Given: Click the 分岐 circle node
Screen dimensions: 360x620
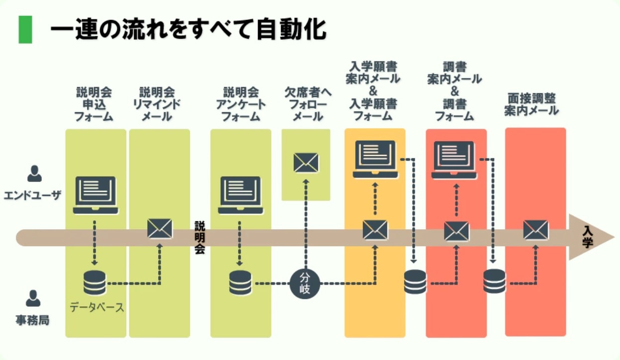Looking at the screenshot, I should click(305, 283).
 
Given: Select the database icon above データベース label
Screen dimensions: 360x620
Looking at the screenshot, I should click(94, 282).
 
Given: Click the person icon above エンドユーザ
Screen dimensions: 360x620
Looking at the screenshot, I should click(34, 174).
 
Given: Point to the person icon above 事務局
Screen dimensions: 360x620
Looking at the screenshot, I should click(33, 298).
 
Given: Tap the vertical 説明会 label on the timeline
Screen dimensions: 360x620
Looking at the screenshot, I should click(199, 237).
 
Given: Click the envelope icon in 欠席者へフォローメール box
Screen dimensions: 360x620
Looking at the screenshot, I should click(306, 162).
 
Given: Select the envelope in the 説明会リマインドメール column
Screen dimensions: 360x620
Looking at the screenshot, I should click(160, 229).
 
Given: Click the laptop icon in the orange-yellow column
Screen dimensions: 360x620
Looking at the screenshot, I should click(375, 159).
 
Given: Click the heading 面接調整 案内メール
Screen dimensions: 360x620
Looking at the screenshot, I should click(531, 104).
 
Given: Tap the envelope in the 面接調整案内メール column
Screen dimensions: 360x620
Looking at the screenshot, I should click(535, 230).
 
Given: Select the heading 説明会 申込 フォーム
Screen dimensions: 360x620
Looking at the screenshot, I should click(94, 104).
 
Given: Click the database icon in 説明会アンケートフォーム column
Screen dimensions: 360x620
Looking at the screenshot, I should click(241, 282).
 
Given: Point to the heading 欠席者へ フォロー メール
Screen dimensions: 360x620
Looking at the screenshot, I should click(306, 104).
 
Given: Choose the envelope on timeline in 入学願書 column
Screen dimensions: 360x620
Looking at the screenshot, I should click(375, 230).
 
